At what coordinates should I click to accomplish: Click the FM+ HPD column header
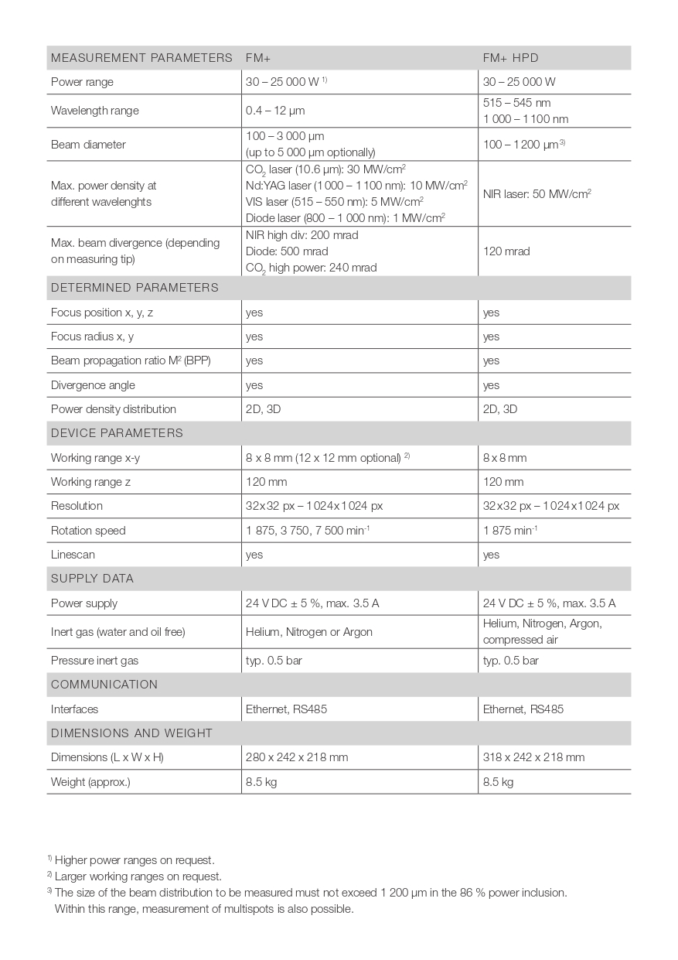[x=510, y=58]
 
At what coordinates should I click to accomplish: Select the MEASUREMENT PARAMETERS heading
[x=141, y=58]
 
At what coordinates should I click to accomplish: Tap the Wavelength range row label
[x=95, y=111]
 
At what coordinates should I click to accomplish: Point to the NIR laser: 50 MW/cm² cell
[x=537, y=193]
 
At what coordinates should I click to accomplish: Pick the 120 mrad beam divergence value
[x=506, y=251]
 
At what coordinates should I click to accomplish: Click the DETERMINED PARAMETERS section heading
[x=135, y=288]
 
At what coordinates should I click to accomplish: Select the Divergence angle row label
[x=93, y=385]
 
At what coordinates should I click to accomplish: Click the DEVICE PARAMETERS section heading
[x=117, y=433]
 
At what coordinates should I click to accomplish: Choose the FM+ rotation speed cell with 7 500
[x=308, y=531]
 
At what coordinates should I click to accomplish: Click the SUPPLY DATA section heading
[x=92, y=579]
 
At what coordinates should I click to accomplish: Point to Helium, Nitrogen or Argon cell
[x=309, y=632]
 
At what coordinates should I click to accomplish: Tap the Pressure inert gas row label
[x=94, y=661]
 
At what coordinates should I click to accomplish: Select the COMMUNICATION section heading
[x=104, y=685]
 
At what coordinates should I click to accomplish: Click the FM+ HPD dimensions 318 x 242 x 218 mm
[x=533, y=757]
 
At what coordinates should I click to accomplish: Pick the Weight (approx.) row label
[x=90, y=782]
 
